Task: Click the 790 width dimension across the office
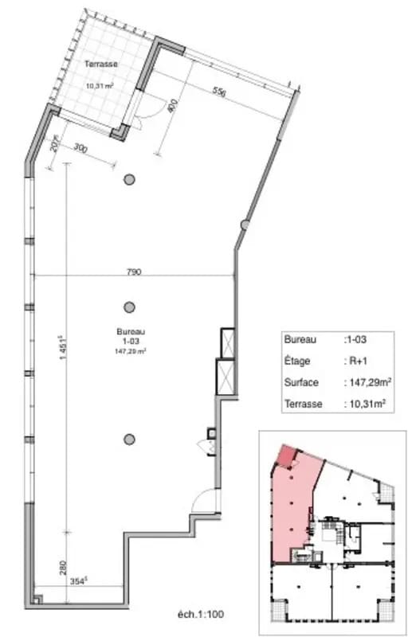(134, 272)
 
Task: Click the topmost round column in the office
(128, 180)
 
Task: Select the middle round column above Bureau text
(129, 307)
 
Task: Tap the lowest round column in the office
(129, 438)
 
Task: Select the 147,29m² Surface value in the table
(367, 382)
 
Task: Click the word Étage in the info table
(296, 361)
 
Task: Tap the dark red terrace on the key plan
(284, 457)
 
